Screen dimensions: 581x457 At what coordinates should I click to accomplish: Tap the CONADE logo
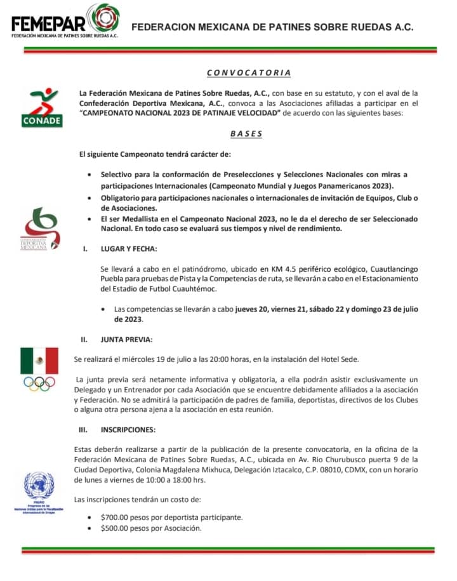point(41,107)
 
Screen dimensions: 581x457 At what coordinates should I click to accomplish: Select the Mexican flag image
point(39,361)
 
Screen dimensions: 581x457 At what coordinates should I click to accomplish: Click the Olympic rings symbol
point(39,384)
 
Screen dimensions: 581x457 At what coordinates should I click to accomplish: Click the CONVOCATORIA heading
point(249,72)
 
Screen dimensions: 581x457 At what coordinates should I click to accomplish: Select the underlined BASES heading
point(246,134)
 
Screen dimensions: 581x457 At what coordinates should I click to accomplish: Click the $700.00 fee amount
point(118,517)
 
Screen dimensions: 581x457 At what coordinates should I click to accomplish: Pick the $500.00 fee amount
point(118,528)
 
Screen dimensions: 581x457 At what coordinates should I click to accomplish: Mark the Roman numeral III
point(83,429)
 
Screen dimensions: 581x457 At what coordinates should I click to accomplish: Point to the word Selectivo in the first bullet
point(119,174)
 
